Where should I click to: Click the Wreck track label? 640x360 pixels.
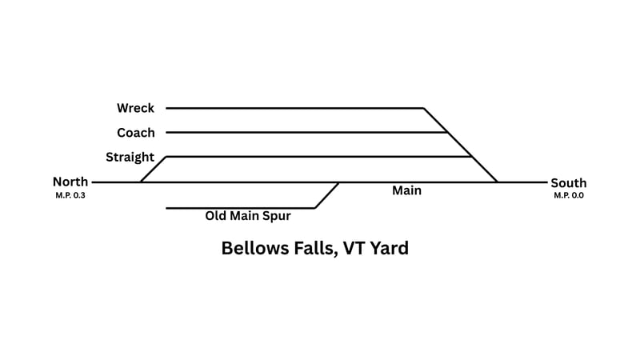pos(135,108)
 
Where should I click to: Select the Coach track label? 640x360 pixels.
pos(136,133)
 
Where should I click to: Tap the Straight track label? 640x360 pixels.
pos(130,157)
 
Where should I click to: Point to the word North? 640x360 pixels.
pos(70,182)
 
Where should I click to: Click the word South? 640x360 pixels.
pos(568,183)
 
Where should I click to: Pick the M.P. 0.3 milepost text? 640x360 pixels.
pos(70,195)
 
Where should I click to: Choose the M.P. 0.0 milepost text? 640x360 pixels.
pos(568,195)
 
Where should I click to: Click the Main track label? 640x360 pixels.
pos(406,191)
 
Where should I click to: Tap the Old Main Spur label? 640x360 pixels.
pos(248,215)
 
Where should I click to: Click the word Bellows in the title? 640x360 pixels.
pos(255,248)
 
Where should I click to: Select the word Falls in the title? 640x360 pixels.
pos(315,248)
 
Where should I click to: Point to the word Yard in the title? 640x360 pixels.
pos(390,248)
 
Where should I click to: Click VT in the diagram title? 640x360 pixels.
pos(354,248)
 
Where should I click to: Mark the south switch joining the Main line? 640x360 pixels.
pos(498,182)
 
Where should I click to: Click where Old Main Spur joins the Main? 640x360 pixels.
pos(338,182)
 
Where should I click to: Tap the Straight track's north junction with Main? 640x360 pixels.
pos(141,182)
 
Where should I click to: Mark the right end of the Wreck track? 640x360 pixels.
pos(423,108)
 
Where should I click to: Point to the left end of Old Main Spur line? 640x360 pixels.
pos(166,208)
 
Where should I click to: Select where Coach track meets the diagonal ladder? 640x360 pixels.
pos(447,133)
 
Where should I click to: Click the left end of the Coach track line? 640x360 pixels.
pos(166,133)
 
